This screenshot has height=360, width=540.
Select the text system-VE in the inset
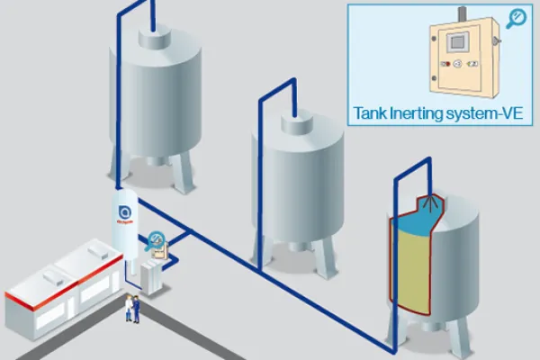coord(487,114)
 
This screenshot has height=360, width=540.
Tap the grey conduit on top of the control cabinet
coord(461,14)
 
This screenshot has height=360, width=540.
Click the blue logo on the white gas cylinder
coord(125,213)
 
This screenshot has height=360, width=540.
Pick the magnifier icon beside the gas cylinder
coord(157,239)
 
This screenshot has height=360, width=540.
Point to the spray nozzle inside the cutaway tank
coord(434,203)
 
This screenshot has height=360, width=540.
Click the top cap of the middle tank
coord(297,120)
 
